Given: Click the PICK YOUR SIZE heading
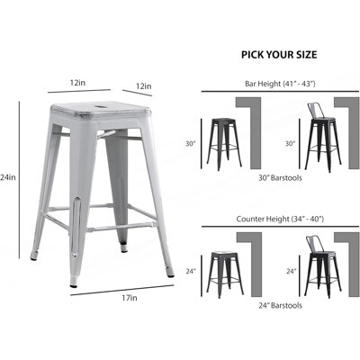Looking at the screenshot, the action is click(x=279, y=55).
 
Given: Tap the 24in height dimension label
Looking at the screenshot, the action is click(x=8, y=177).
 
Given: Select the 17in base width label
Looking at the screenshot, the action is click(x=130, y=298).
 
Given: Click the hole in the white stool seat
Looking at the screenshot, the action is click(x=100, y=106).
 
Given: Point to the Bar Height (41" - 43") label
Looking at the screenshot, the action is click(x=280, y=84).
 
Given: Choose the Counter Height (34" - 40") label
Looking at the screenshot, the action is click(x=280, y=219).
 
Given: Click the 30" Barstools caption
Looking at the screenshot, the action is click(x=280, y=177).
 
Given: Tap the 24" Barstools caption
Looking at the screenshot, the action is click(x=280, y=305).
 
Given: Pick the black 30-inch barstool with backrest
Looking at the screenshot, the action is click(x=323, y=138).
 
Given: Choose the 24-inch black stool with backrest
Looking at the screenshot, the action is click(x=323, y=267).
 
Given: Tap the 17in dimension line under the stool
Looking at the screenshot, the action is click(x=122, y=291).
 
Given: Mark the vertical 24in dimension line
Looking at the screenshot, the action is click(x=19, y=179).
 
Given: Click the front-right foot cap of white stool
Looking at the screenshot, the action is click(x=170, y=274).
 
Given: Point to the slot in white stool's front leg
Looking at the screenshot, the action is click(x=76, y=227).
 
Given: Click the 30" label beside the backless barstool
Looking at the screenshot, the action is click(x=190, y=144).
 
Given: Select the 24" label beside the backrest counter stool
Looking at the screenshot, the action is click(x=291, y=271).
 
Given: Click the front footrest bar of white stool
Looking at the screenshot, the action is click(x=121, y=227).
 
